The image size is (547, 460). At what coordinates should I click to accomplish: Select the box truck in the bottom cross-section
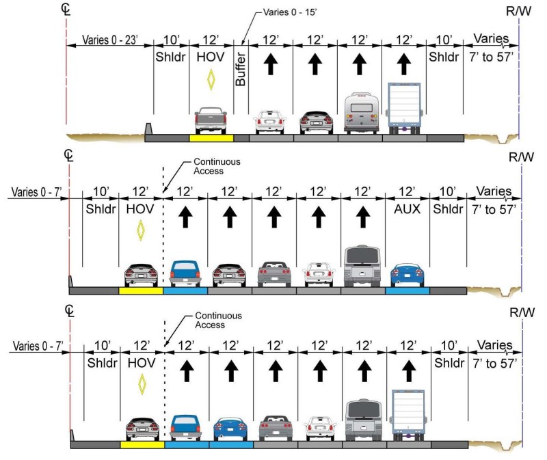tap(408, 415)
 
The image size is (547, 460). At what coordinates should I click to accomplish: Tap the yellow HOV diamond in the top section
tap(211, 80)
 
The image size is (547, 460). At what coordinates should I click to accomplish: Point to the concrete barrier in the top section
tap(148, 128)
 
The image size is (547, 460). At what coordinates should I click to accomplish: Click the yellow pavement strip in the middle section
tap(141, 290)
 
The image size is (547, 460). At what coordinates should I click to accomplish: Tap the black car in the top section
tap(315, 122)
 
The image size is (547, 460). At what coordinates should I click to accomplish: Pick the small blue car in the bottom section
tap(230, 429)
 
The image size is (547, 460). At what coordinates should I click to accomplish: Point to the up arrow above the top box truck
tap(403, 65)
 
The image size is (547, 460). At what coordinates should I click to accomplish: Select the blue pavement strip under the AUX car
tap(408, 290)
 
